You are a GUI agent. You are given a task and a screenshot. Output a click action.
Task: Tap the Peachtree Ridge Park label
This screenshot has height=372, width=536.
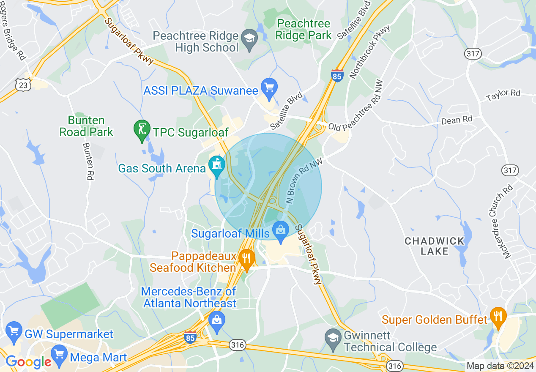pos(304,29)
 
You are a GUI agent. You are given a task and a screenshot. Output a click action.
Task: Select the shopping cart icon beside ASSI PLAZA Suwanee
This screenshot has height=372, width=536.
pos(269,88)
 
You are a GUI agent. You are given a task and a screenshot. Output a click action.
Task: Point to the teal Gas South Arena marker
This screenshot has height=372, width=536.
pos(217,165)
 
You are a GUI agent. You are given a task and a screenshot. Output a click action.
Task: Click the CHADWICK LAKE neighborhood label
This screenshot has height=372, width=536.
pos(435,246)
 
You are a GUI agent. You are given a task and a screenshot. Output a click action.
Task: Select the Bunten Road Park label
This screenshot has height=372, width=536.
pos(86,126)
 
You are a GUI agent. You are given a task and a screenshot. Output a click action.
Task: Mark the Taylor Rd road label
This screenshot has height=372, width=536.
pos(503,95)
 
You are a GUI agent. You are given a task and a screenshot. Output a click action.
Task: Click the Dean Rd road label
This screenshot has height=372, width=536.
pos(457,120)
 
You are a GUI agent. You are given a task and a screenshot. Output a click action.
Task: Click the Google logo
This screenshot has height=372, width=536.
pos(28,362)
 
